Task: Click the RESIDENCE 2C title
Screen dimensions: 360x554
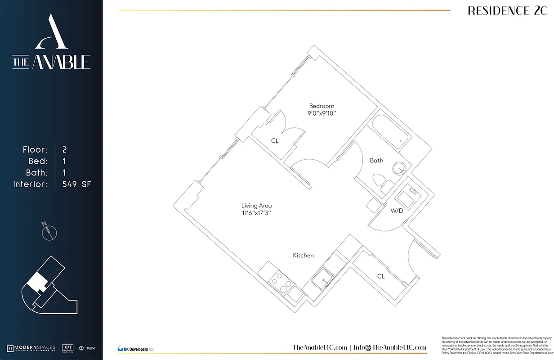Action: tap(507, 11)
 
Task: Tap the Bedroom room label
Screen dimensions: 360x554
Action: tap(322, 106)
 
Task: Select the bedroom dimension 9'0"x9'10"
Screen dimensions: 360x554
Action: tap(322, 113)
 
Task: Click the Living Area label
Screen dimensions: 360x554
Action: tap(256, 206)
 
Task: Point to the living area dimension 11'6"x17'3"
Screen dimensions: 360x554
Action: tap(256, 213)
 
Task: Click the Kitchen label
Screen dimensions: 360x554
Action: tap(303, 256)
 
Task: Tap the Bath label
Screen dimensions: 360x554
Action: tap(376, 160)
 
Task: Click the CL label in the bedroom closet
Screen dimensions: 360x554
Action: tap(275, 141)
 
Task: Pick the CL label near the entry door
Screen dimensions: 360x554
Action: tap(381, 276)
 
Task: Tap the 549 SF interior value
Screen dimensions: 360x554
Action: tap(77, 184)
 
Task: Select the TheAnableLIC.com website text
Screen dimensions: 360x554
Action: tap(320, 347)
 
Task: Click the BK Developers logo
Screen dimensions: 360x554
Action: tap(135, 348)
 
